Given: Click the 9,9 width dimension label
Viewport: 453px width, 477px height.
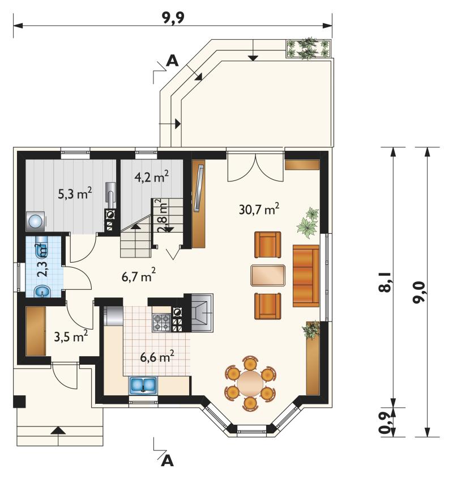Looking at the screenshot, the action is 173,18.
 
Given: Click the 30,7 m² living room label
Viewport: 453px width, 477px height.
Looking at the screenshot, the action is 259,209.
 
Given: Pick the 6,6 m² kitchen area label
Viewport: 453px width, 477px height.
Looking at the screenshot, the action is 157,356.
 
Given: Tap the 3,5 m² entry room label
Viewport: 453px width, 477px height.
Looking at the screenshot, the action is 71,336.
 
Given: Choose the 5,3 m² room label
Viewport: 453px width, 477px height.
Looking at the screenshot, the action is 75,193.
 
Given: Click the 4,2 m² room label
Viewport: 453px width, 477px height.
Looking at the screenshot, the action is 152,177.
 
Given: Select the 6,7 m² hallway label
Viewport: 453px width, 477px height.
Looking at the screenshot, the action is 139,276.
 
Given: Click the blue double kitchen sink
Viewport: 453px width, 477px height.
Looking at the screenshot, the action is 143,385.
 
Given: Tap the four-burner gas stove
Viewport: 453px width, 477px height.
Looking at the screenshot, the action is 161,323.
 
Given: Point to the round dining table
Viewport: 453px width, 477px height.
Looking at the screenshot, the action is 250,383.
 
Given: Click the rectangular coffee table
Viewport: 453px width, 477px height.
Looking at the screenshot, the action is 268,275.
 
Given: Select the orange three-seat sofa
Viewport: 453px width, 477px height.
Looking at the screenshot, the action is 306,276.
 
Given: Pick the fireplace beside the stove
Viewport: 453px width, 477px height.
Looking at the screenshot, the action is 202,313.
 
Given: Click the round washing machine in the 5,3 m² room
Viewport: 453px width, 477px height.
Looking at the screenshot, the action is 36,221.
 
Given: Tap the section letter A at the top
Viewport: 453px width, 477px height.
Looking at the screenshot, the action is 173,61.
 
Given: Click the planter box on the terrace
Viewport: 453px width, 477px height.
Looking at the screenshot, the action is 308,49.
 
